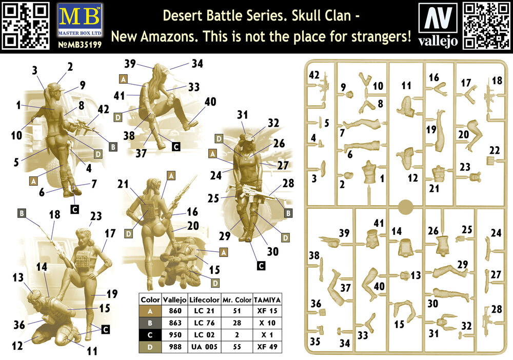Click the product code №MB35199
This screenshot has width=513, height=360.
80,45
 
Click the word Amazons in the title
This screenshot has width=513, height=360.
169,36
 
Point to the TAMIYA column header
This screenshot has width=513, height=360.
267,299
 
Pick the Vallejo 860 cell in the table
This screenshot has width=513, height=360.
175,311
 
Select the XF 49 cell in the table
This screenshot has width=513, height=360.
267,347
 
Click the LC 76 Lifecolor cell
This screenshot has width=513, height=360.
205,323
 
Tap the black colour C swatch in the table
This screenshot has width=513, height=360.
150,335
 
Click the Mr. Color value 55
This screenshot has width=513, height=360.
237,347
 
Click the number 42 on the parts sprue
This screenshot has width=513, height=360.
314,75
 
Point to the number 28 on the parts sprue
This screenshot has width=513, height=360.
496,309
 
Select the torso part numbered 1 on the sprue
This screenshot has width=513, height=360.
370,173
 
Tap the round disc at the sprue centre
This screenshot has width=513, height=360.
405,207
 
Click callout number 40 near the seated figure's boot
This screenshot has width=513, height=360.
210,102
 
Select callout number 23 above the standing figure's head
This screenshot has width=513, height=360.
96,216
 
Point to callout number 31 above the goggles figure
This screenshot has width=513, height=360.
243,115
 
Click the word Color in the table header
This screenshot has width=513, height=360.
150,299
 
